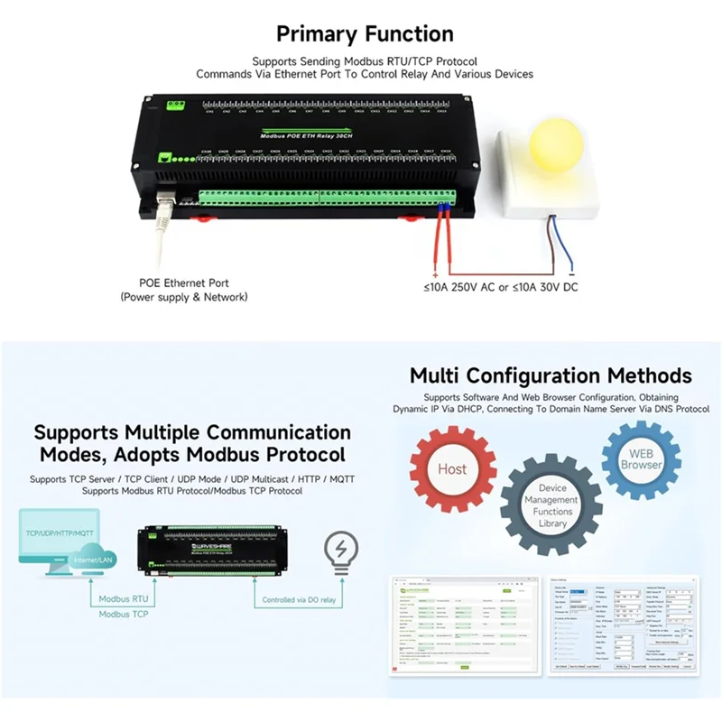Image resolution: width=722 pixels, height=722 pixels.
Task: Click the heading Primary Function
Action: click(x=365, y=34)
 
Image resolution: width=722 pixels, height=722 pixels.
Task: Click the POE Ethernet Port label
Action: click(x=184, y=282)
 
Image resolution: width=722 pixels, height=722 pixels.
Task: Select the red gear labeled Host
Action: click(x=451, y=468)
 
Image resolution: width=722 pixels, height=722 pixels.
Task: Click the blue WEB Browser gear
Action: click(x=641, y=459)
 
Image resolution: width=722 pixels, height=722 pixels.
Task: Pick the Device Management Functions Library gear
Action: click(x=551, y=505)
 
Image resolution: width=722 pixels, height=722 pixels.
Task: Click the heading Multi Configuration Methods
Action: click(x=551, y=375)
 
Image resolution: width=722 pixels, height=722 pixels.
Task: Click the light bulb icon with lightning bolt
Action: click(x=341, y=553)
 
